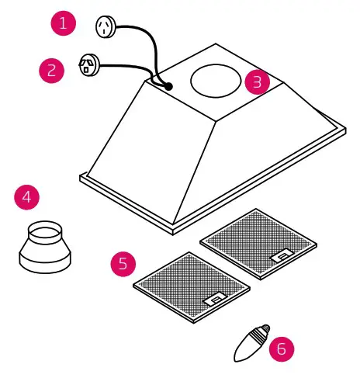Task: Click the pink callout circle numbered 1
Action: (x=64, y=23)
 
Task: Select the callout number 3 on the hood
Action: (x=257, y=81)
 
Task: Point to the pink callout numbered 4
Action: (x=27, y=196)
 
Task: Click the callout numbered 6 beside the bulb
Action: (x=281, y=348)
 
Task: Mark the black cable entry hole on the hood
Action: (x=168, y=88)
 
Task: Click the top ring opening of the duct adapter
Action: (x=43, y=230)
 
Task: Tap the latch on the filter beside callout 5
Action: (x=214, y=298)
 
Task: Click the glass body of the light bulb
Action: (x=247, y=347)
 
